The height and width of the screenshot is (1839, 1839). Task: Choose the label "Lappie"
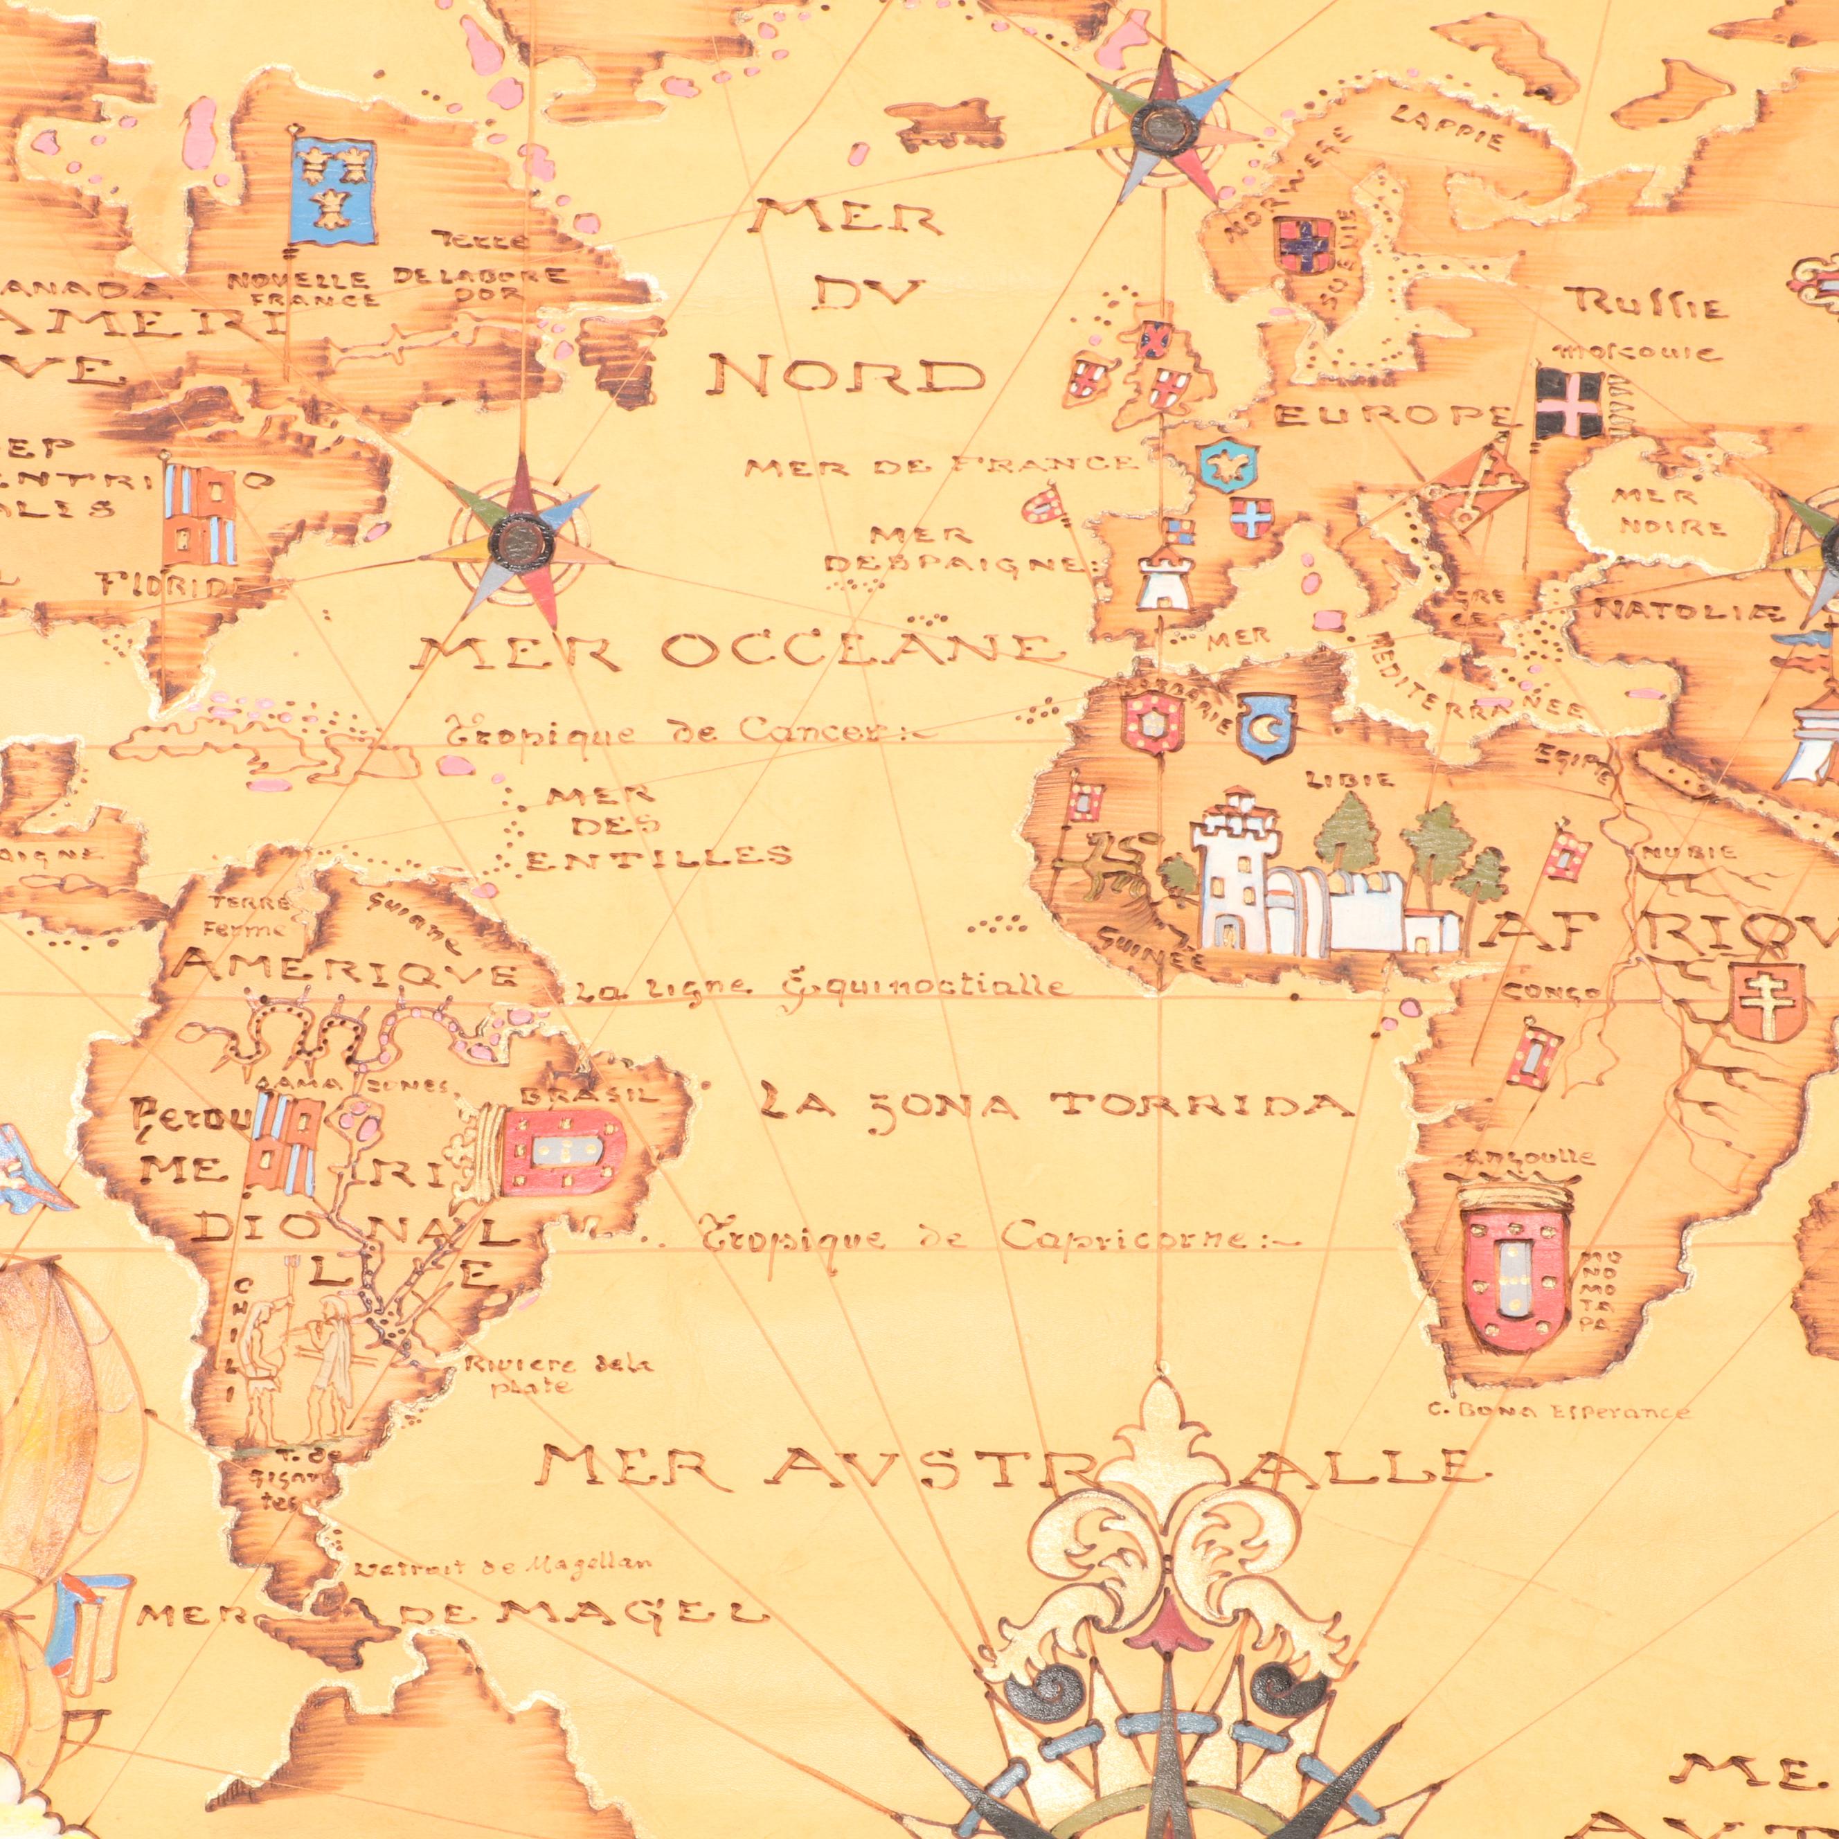(x=1447, y=129)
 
